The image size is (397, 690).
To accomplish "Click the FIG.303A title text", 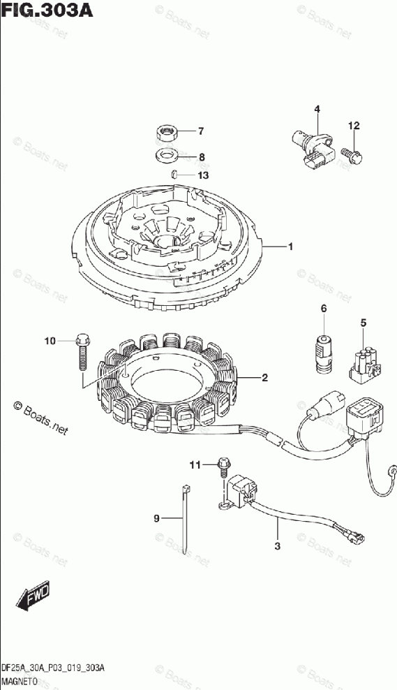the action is click(x=47, y=10).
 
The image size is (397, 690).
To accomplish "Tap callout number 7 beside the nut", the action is click(x=200, y=131).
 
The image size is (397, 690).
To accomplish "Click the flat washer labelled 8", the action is click(x=167, y=155).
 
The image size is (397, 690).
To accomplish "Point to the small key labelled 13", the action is click(x=174, y=175).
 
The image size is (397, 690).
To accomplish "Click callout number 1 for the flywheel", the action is click(x=290, y=247).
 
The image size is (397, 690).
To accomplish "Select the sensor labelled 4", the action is click(x=313, y=148).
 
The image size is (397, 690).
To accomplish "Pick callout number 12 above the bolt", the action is click(x=354, y=126).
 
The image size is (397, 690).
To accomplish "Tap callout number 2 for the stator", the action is click(x=264, y=377).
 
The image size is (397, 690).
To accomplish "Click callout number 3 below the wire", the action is click(x=277, y=546).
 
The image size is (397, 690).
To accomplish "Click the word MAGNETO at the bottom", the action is click(x=18, y=680).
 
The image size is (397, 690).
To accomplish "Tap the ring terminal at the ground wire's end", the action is click(x=391, y=470).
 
